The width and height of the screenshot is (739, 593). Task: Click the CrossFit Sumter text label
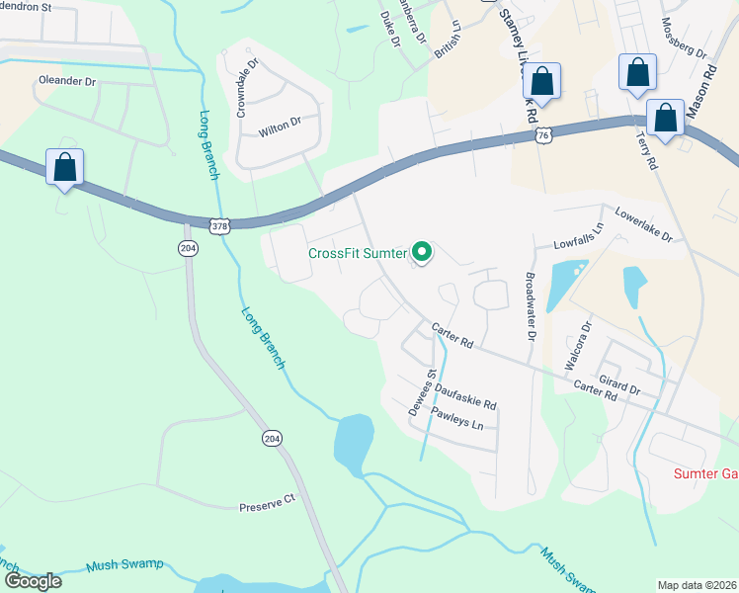[357, 253]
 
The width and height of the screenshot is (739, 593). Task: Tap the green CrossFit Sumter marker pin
[422, 254]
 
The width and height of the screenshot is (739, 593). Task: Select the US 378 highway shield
[222, 225]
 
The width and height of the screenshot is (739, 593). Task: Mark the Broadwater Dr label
[531, 307]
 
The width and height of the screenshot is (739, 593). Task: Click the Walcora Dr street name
[576, 345]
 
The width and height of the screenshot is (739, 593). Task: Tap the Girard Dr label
[620, 381]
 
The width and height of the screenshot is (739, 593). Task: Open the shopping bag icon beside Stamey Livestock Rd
[541, 81]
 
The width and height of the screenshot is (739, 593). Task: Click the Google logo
[33, 580]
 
